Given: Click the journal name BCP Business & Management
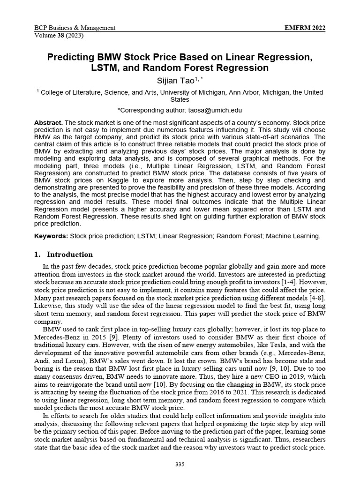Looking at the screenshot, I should tap(75, 28).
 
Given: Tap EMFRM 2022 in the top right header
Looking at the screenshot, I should tap(305, 28).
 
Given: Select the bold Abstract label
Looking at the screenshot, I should tap(48, 122).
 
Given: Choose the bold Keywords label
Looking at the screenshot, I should tap(51, 236).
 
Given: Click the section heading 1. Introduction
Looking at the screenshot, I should tap(64, 255).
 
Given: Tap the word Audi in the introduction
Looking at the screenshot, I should tap(42, 360).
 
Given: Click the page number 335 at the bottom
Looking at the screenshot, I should tap(180, 464).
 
